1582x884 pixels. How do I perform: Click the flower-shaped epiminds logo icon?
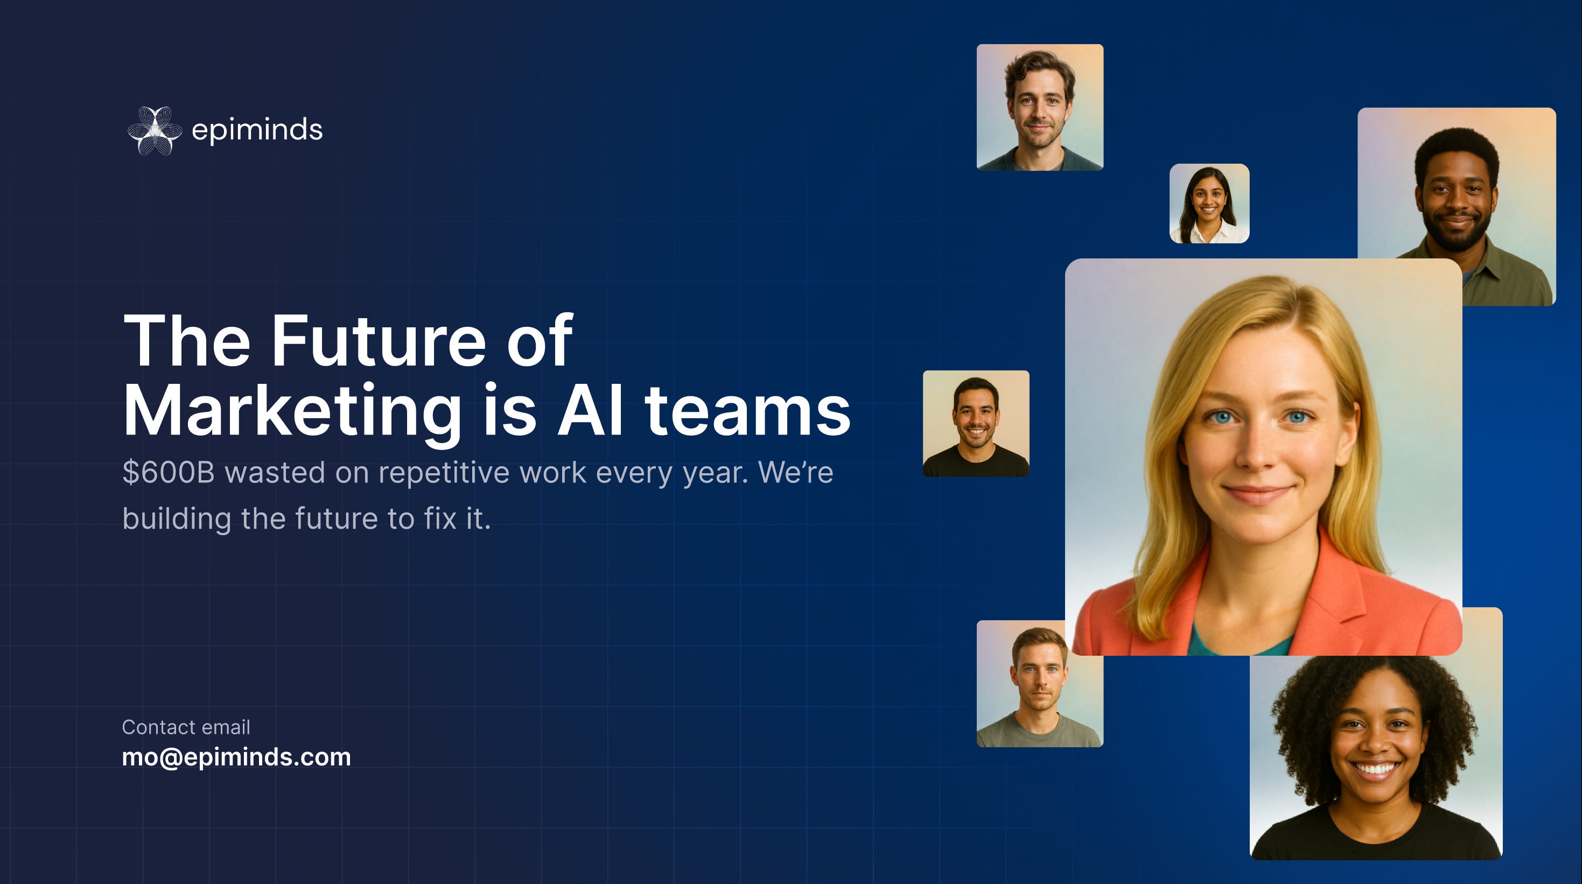tap(155, 130)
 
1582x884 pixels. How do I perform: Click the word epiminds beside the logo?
tap(257, 130)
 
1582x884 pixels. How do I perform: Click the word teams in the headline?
tap(747, 411)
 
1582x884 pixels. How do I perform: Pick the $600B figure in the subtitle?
tap(169, 473)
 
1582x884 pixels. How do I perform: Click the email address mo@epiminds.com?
tap(236, 757)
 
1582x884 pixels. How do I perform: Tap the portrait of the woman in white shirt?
tap(1209, 203)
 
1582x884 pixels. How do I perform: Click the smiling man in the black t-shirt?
tap(976, 424)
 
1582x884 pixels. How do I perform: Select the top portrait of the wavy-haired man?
tap(1040, 108)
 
